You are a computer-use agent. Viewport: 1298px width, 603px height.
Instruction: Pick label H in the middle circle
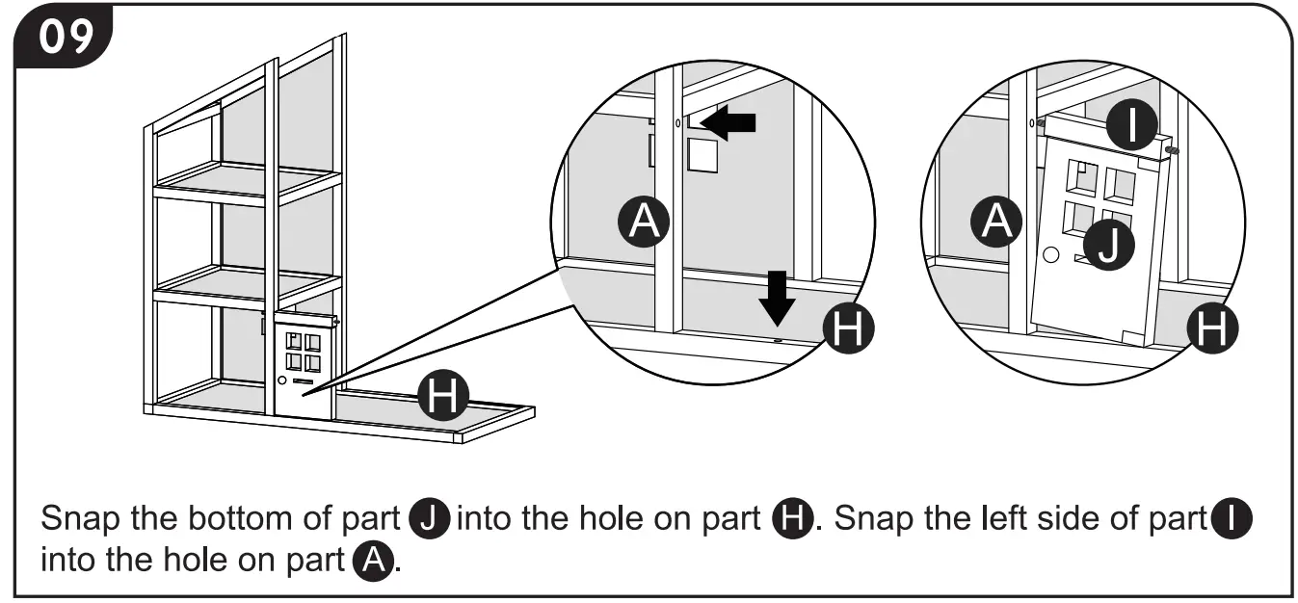point(848,329)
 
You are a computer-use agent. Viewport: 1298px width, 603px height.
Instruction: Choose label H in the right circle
point(1211,329)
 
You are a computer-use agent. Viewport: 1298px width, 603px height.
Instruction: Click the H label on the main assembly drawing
point(442,397)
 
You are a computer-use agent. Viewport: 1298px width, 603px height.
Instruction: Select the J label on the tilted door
point(1109,243)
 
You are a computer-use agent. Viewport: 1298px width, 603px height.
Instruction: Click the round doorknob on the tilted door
point(1052,256)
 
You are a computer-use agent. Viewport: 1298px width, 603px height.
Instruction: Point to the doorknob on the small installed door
point(281,381)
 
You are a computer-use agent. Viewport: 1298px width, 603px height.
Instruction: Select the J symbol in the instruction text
point(430,519)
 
